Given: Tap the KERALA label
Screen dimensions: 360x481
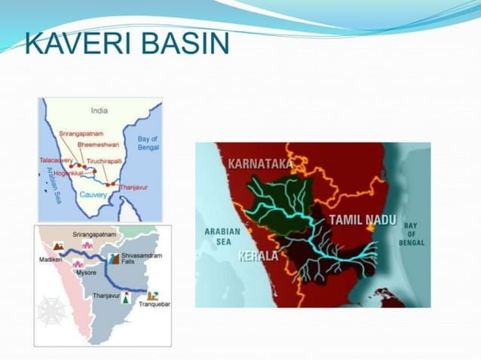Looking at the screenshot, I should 258,256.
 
